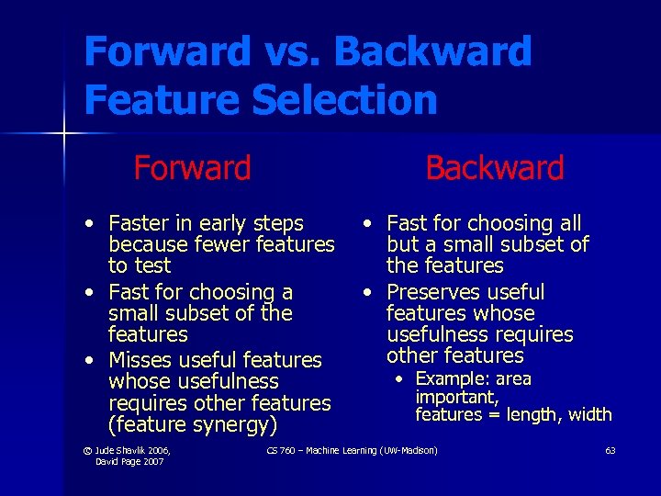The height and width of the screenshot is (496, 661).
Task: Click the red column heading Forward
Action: coord(192,168)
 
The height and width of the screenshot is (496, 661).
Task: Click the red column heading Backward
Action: coord(494,168)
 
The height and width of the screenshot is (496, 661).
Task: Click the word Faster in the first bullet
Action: coord(139,223)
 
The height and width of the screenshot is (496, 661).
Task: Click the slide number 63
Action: coord(611,450)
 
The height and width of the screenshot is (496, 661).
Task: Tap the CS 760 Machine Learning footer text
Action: coord(352,450)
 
